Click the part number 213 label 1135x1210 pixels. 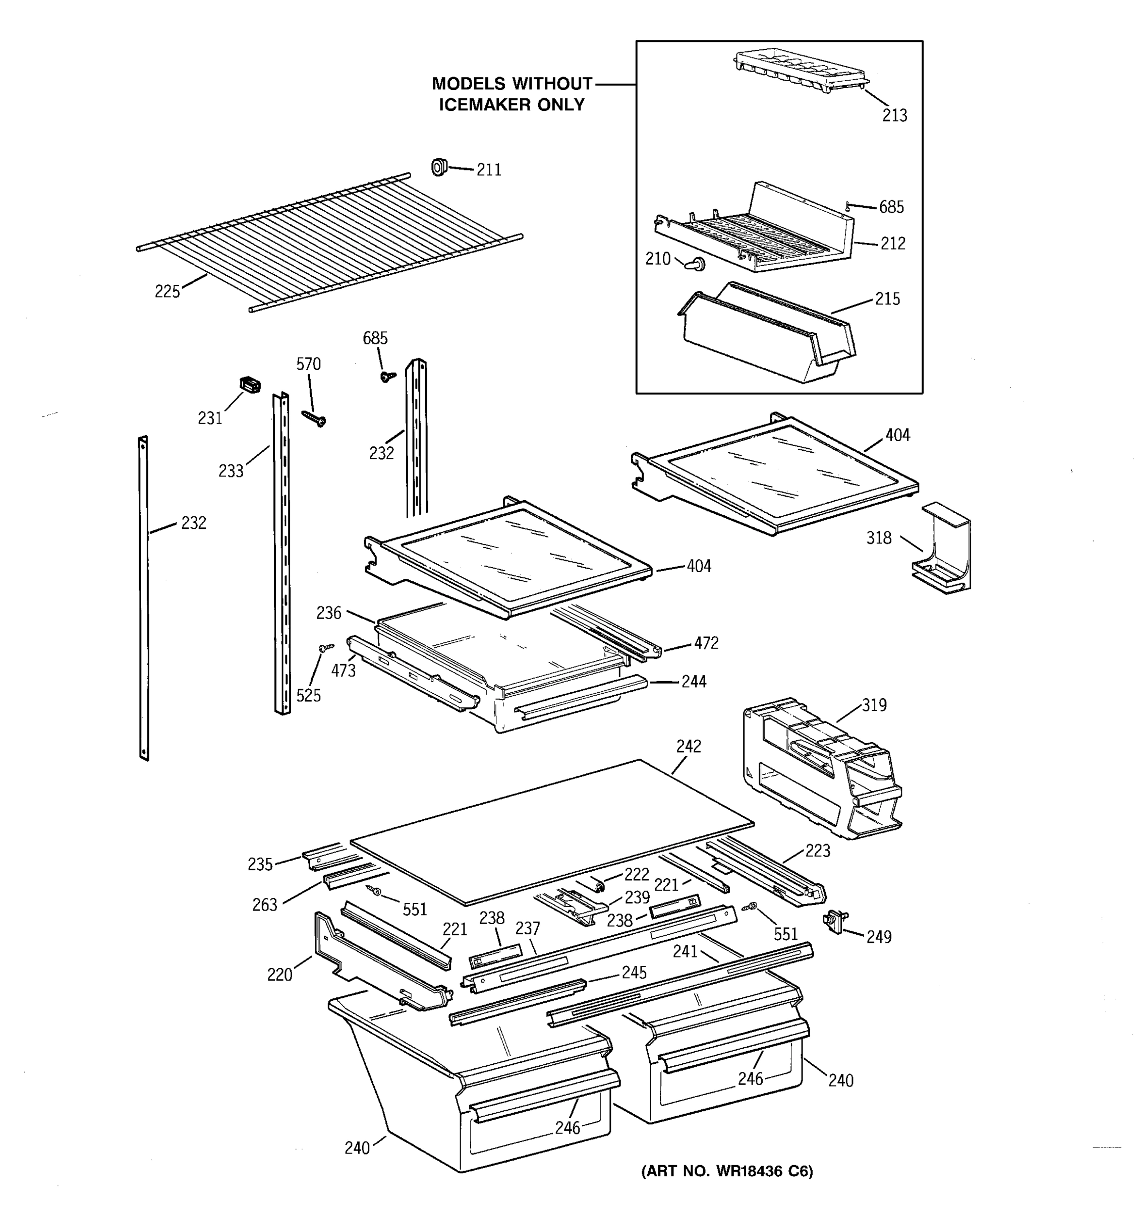pyautogui.click(x=894, y=115)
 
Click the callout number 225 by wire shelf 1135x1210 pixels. pyautogui.click(x=167, y=291)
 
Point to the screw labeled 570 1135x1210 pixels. pyautogui.click(x=314, y=419)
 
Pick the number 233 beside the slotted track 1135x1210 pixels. pyautogui.click(x=231, y=470)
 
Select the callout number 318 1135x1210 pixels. pyautogui.click(x=879, y=537)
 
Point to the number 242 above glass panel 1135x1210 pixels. pyautogui.click(x=688, y=746)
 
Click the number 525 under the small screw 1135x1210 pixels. pyautogui.click(x=308, y=696)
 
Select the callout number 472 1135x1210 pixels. pyautogui.click(x=706, y=643)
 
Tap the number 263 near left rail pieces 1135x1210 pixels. pyautogui.click(x=264, y=905)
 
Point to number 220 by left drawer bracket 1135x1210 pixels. pyautogui.click(x=279, y=975)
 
